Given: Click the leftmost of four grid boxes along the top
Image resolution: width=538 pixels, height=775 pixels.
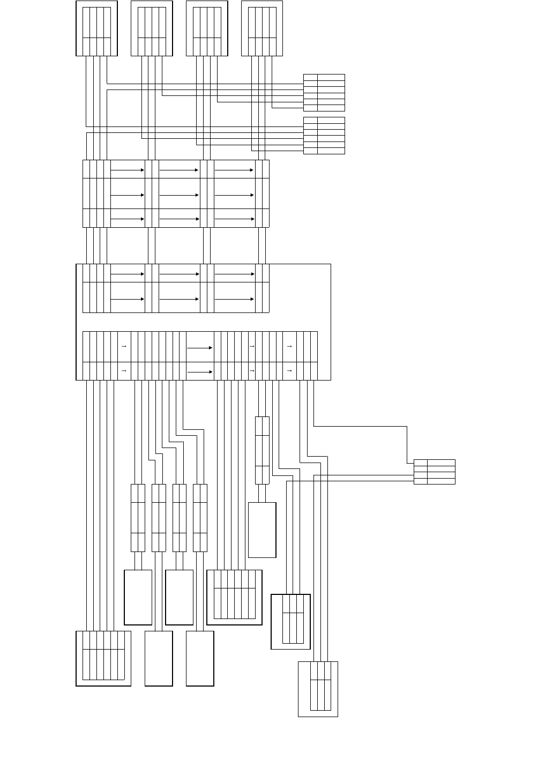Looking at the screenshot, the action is [x=96, y=28].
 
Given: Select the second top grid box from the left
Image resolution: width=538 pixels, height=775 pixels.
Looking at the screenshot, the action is [x=152, y=28].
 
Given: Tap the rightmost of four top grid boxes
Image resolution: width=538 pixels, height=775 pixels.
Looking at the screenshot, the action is [x=262, y=28].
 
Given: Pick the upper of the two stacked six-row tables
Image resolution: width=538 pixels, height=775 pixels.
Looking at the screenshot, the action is [x=324, y=93].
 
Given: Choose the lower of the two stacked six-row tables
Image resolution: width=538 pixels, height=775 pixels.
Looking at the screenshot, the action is [x=324, y=136].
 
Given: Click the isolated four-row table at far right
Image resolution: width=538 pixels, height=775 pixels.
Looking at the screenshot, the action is [x=434, y=472].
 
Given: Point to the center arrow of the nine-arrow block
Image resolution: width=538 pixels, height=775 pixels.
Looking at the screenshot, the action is [x=179, y=195].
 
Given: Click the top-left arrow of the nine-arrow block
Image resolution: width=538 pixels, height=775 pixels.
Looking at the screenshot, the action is [x=128, y=170].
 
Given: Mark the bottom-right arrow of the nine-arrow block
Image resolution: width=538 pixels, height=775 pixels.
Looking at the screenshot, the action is [x=234, y=219].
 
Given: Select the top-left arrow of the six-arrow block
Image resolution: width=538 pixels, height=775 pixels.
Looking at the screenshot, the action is [x=128, y=274].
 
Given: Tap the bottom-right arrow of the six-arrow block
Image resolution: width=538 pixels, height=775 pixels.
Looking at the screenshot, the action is [x=234, y=299].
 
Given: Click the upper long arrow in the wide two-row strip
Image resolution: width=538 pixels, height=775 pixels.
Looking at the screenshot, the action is [x=199, y=347].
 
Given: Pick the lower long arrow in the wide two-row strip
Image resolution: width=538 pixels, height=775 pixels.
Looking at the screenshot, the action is [x=199, y=371].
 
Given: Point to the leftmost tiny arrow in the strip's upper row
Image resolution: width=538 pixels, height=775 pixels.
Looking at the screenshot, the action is [x=124, y=347].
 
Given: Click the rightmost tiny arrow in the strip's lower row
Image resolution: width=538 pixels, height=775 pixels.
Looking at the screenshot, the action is [x=289, y=370].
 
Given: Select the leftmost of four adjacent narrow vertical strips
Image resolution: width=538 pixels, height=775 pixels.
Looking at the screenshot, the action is [x=138, y=518].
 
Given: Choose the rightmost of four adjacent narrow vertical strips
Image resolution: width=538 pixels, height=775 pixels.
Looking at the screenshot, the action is [x=200, y=518].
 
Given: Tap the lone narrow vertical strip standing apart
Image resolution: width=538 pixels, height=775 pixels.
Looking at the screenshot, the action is [x=262, y=450].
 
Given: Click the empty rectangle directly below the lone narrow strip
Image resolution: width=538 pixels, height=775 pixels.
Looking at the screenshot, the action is [x=262, y=530].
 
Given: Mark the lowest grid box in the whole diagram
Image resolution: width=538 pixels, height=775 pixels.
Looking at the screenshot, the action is [x=318, y=689].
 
